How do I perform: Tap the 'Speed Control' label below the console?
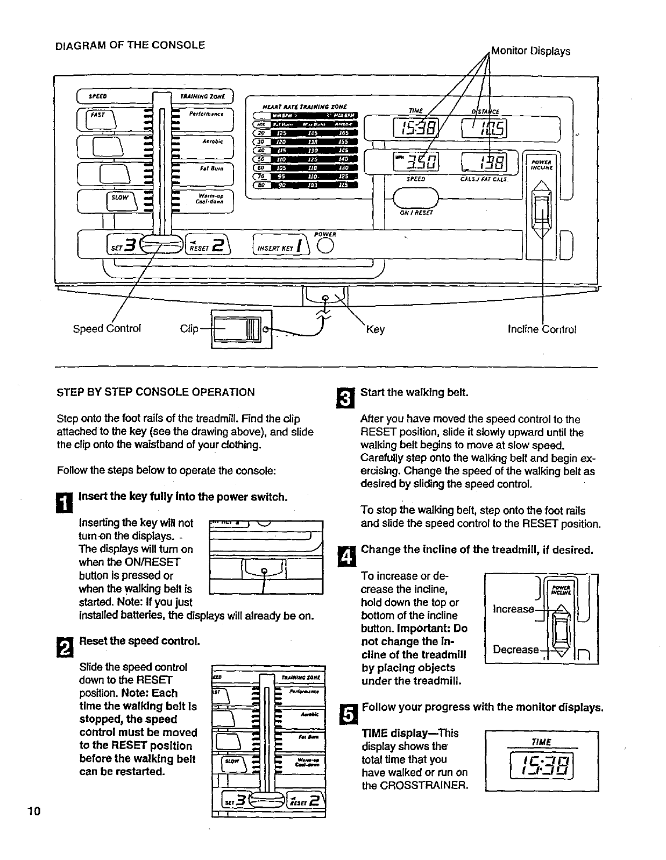107,328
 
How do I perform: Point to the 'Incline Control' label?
542,329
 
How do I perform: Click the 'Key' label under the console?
375,329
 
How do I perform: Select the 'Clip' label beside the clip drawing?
189,328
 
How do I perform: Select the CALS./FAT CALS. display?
484,162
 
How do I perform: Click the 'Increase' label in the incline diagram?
513,609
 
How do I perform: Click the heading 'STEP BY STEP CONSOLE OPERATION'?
155,392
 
